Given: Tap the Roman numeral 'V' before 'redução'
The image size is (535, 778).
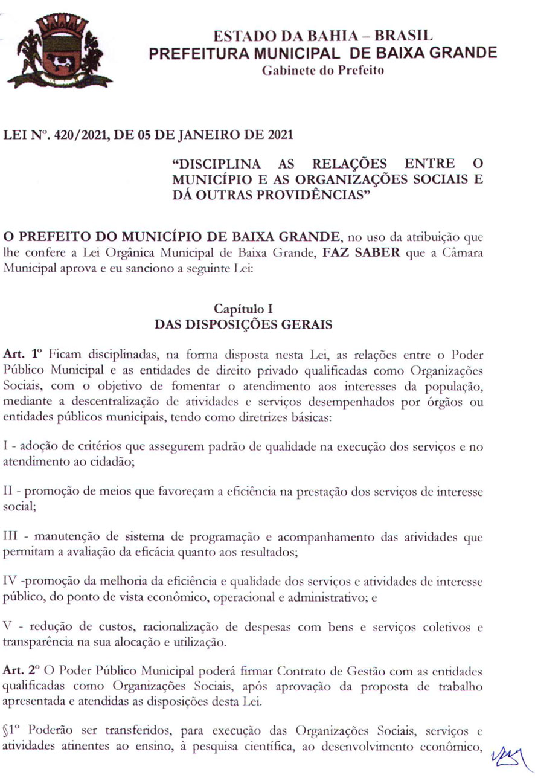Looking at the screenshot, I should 8,628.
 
